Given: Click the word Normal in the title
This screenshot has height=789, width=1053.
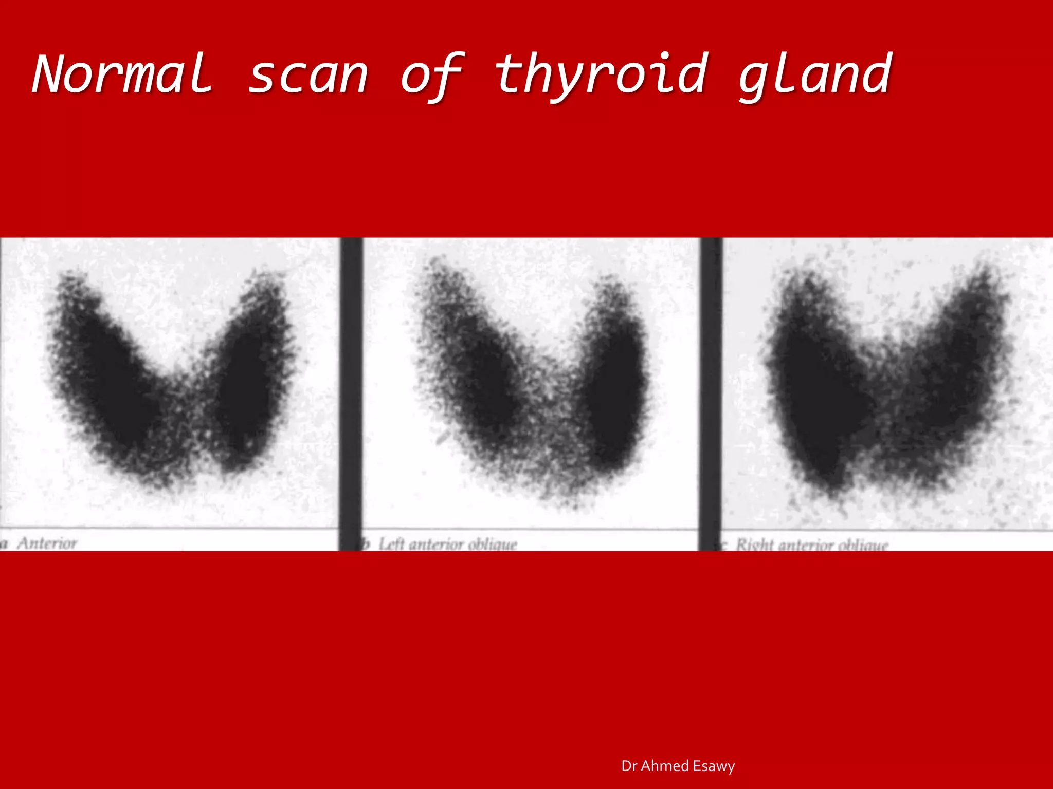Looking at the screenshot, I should [x=122, y=74].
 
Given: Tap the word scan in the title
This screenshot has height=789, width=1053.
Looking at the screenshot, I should [x=308, y=76].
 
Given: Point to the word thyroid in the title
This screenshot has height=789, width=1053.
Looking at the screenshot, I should [x=601, y=76].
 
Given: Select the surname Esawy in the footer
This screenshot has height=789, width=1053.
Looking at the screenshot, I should [x=714, y=766].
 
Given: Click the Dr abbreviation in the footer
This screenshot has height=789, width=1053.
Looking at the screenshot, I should [x=629, y=766].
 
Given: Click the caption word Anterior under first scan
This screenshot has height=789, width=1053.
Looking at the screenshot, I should [x=47, y=543].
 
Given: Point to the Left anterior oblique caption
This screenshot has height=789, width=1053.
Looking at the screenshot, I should [x=447, y=544].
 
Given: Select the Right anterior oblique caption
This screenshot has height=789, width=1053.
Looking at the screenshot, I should [x=811, y=544].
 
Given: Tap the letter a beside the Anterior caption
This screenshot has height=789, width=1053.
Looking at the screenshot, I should [x=4, y=543].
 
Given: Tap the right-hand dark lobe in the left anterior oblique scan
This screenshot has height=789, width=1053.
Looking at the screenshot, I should [x=614, y=390].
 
